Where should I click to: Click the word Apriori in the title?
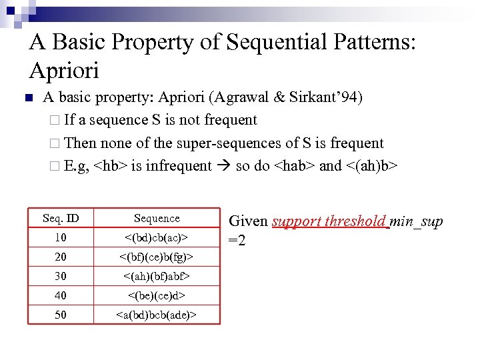point(64,69)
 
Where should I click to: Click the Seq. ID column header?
point(61,219)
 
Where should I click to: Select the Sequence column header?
point(157,219)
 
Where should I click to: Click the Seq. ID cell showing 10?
point(61,238)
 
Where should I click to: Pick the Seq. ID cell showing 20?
point(61,257)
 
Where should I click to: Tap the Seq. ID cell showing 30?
point(61,276)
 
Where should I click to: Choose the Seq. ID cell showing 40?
point(61,295)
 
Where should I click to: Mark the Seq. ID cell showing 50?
point(61,315)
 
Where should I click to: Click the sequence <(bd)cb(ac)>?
point(157,238)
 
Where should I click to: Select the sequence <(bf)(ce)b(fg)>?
point(157,257)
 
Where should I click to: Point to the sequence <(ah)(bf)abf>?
point(157,276)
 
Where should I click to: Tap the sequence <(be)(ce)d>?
point(157,295)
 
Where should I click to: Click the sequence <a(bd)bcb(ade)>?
point(157,315)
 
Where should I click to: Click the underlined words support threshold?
point(329,221)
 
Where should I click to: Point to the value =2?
point(237,240)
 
